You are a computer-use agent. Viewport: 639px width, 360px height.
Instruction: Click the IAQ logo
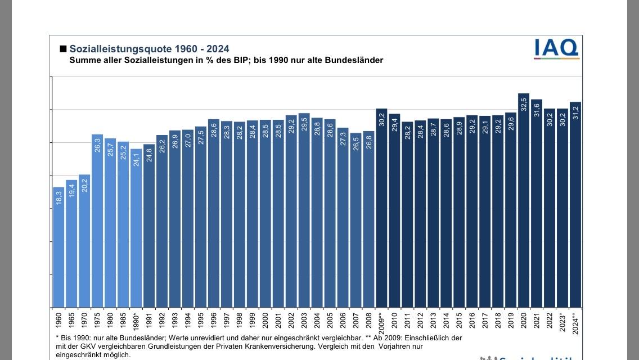tap(556, 48)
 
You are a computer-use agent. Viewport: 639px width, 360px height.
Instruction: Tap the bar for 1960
tap(58, 247)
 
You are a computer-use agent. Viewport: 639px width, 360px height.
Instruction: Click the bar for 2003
tap(304, 210)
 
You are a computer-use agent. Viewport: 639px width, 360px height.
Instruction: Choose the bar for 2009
tap(381, 208)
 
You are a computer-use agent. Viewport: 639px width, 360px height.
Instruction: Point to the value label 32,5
tap(524, 104)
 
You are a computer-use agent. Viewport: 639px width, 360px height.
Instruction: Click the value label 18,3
tap(58, 197)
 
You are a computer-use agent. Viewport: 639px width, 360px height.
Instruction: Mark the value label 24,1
tap(136, 159)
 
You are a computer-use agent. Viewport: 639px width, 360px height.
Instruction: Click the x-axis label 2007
tap(355, 321)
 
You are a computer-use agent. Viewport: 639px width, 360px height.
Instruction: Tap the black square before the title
tap(63, 49)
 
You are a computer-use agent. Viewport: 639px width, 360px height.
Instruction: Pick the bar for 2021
tap(537, 203)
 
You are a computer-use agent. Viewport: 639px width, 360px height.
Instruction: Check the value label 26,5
tap(355, 144)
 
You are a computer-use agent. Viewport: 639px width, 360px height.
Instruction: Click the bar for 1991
tap(149, 226)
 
